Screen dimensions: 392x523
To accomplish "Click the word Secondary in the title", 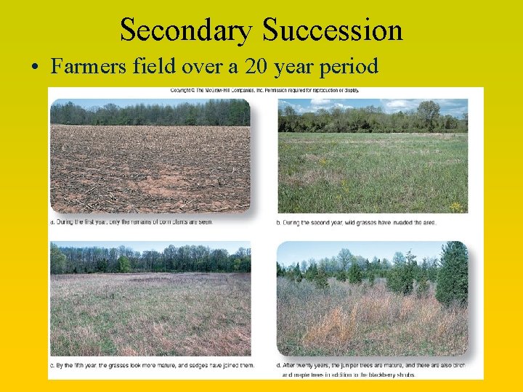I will pos(186,30).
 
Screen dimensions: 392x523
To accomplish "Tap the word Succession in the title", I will pos(333,30).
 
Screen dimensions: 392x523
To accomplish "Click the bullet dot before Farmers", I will pos(35,68).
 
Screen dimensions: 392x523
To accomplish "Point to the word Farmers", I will pos(84,67).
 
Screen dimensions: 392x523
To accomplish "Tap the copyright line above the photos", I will pos(264,91).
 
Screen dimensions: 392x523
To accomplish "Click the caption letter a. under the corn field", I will pos(53,222).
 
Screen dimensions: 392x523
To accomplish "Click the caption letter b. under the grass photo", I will pos(280,222).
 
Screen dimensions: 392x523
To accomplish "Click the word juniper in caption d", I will pos(352,364).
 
